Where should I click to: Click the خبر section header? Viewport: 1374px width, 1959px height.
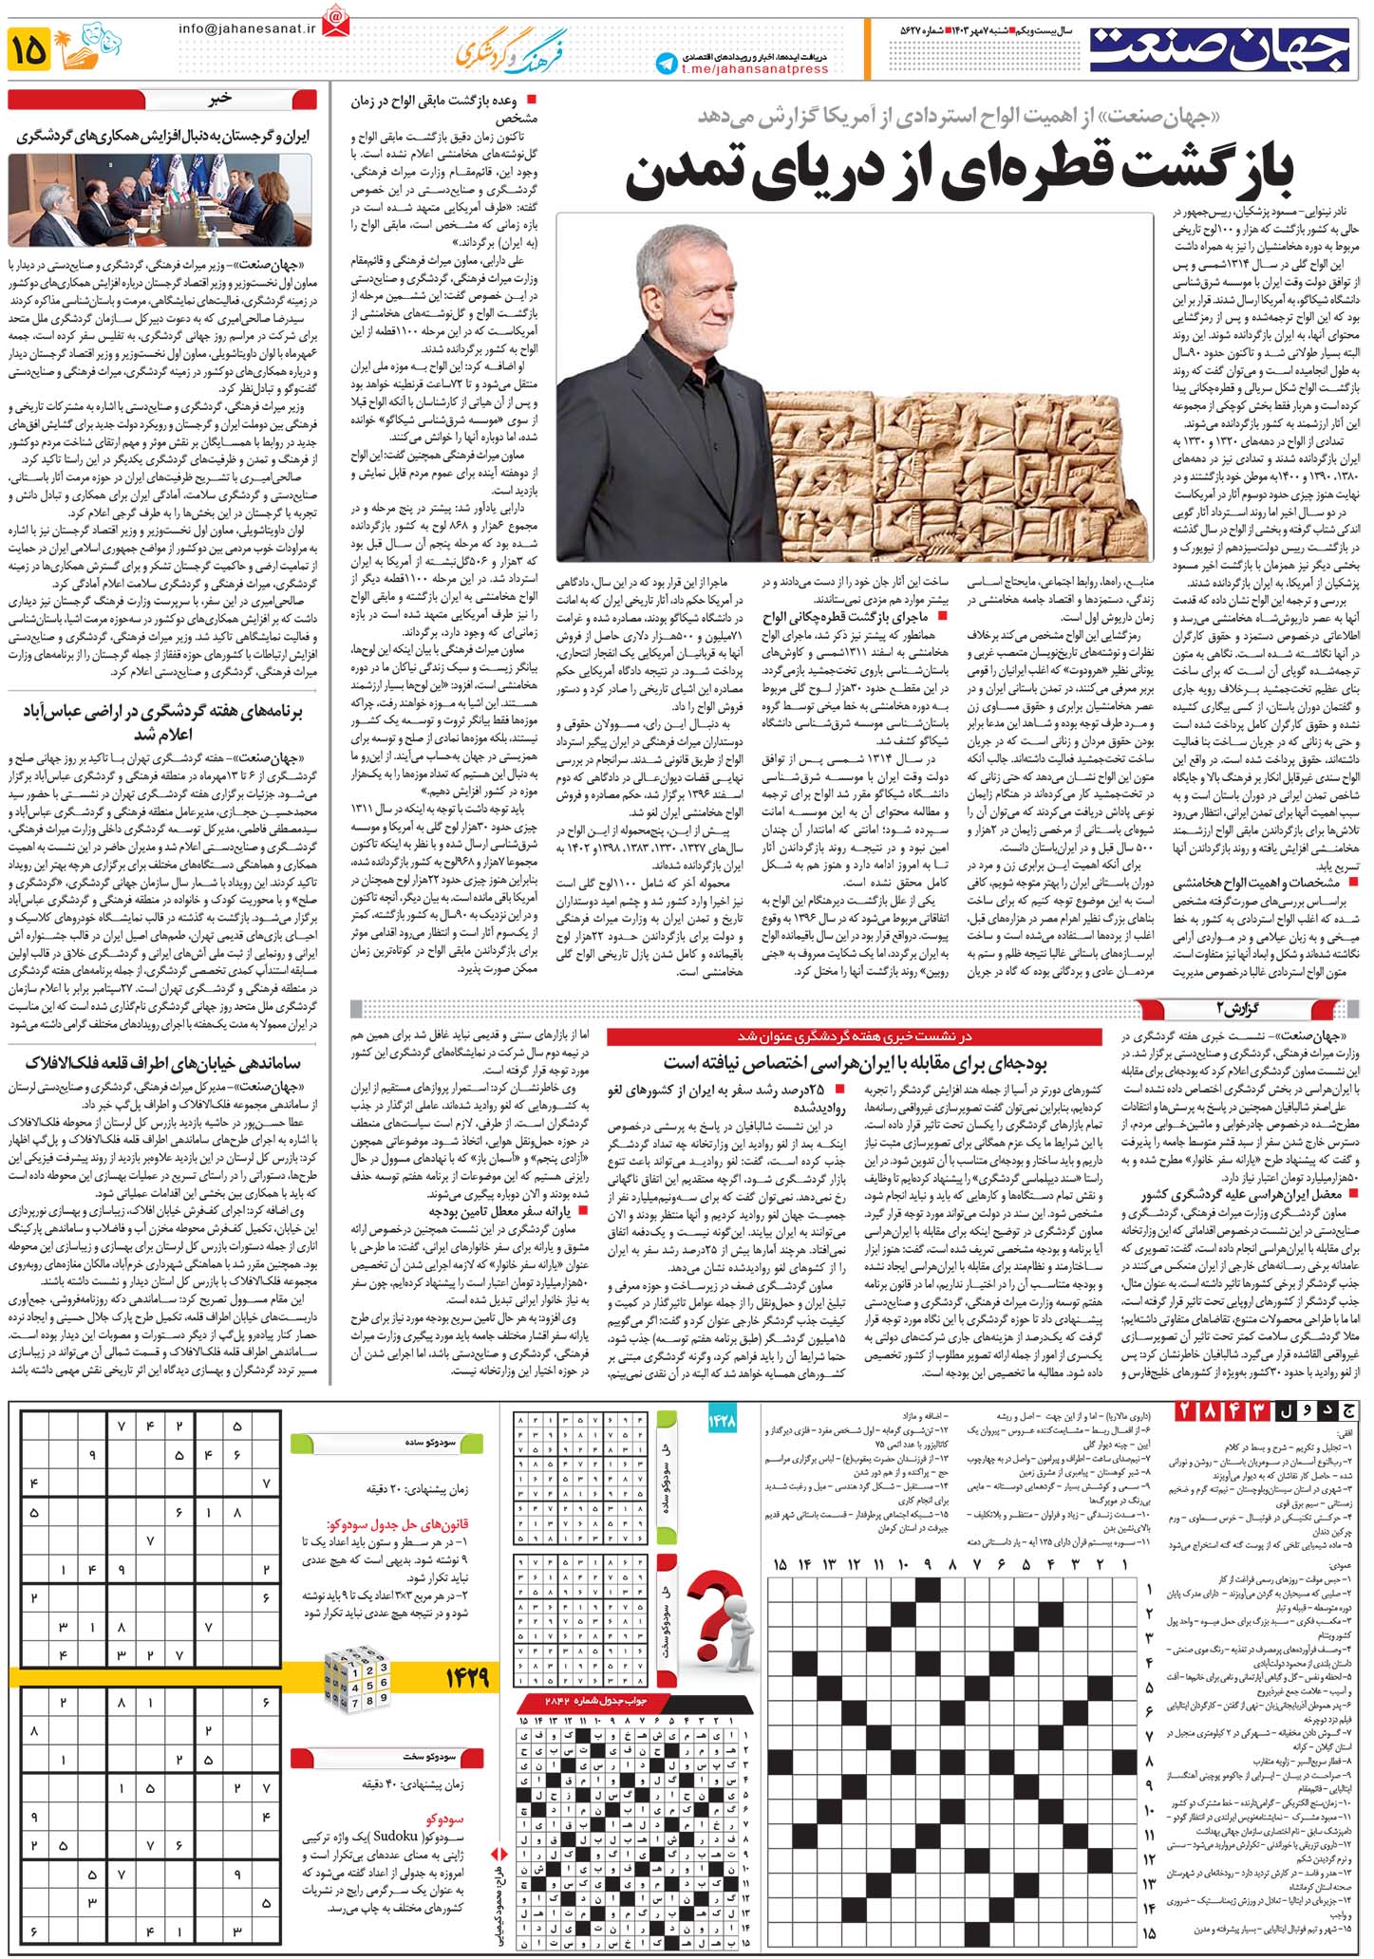click(219, 99)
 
